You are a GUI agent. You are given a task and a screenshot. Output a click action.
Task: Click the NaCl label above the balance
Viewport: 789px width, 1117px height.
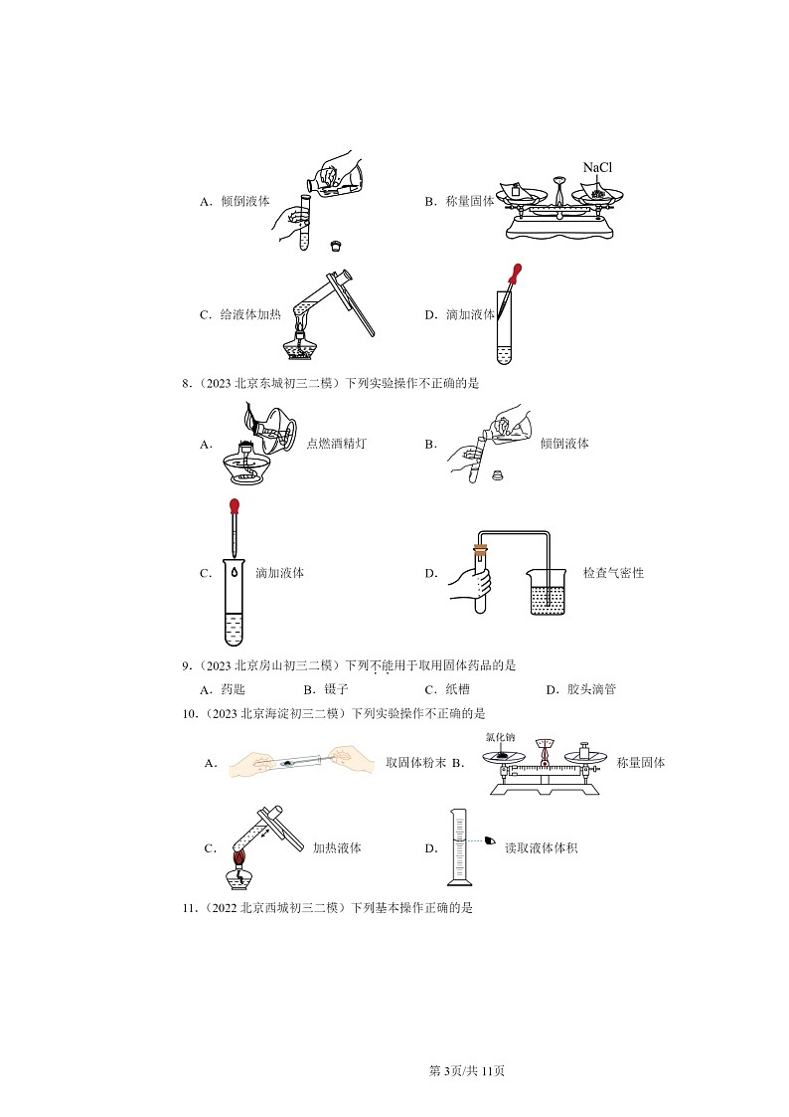pyautogui.click(x=597, y=167)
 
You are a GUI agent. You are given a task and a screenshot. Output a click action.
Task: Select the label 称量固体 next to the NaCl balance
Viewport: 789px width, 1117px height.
pyautogui.click(x=473, y=201)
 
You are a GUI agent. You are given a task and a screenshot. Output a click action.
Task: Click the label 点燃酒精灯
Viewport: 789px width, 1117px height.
pyautogui.click(x=336, y=444)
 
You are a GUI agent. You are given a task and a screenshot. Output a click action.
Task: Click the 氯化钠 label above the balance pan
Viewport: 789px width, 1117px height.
pyautogui.click(x=500, y=737)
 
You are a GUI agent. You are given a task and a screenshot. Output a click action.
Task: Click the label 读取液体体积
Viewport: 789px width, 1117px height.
pyautogui.click(x=541, y=848)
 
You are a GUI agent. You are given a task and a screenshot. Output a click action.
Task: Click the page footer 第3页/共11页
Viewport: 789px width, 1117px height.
pyautogui.click(x=466, y=1070)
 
